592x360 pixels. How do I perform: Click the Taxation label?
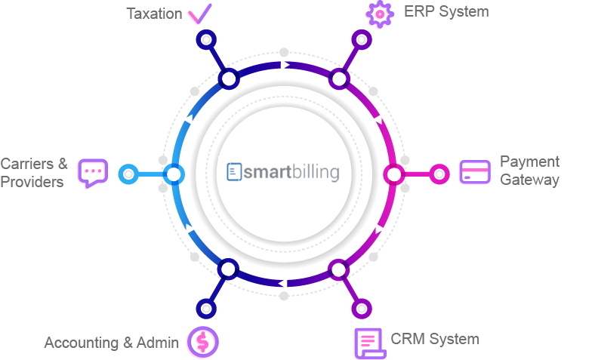click(154, 14)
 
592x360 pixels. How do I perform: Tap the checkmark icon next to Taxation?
click(199, 14)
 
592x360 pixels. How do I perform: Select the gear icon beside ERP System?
click(380, 14)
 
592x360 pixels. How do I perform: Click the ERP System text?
click(446, 12)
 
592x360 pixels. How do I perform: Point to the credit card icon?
click(475, 172)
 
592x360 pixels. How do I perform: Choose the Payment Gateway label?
click(530, 171)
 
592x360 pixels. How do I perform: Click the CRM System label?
click(435, 339)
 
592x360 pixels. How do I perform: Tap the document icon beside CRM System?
click(370, 343)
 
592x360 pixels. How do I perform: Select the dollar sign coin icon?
click(203, 342)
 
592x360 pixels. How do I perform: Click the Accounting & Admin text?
click(112, 343)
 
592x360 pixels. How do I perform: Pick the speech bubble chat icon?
click(93, 174)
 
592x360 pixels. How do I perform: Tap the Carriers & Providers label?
click(34, 173)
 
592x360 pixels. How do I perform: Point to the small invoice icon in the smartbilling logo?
click(234, 172)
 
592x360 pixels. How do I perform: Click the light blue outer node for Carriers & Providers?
click(128, 174)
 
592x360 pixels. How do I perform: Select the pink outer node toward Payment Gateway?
click(439, 174)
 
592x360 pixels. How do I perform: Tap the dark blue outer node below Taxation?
click(206, 39)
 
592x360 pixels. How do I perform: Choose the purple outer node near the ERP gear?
click(362, 39)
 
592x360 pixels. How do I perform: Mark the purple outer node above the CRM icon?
click(362, 309)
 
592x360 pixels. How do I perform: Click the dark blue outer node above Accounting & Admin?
click(206, 309)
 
